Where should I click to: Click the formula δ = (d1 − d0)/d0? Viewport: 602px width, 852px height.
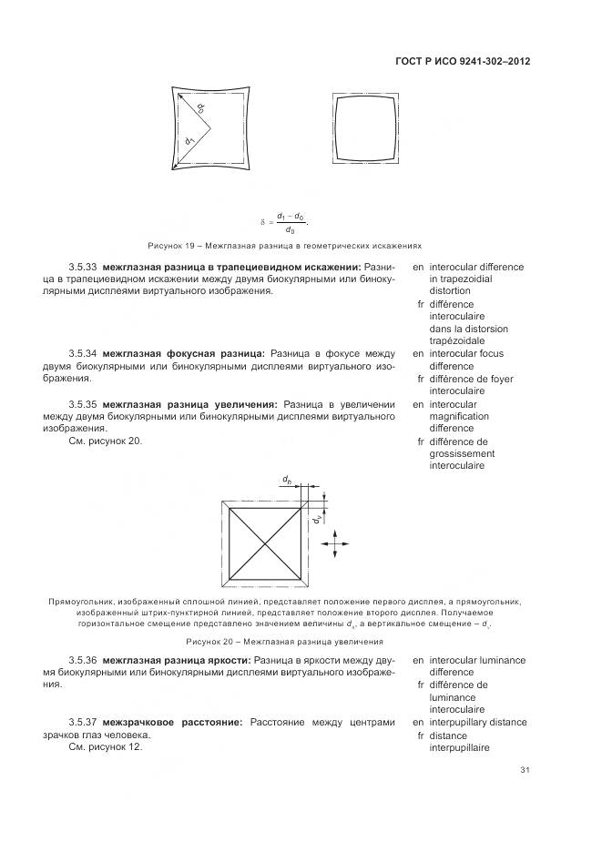point(285,221)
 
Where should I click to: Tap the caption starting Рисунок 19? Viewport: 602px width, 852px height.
point(284,246)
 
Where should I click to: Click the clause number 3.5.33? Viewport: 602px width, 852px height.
point(83,268)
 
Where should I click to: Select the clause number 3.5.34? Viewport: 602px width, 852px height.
point(83,353)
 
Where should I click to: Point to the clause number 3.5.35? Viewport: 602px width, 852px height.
point(83,403)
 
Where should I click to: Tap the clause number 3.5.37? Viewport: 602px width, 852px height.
point(83,722)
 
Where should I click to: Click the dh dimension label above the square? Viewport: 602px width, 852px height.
point(287,479)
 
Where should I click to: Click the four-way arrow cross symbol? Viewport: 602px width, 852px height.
point(334,544)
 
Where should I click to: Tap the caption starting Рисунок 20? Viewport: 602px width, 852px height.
point(281,642)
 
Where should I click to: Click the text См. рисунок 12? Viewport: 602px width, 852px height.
point(106,746)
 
